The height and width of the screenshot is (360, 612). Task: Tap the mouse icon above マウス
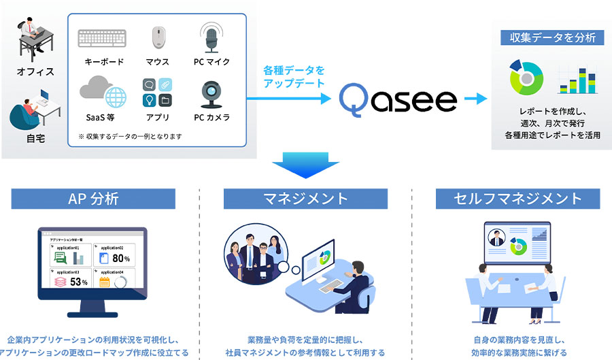pyautogui.click(x=158, y=38)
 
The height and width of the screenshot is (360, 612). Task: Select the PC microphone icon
pyautogui.click(x=211, y=37)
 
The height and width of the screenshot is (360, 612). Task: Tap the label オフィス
pyautogui.click(x=35, y=71)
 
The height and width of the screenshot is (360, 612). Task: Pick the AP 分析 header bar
pyautogui.click(x=93, y=199)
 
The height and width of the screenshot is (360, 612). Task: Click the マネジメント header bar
pyautogui.click(x=305, y=199)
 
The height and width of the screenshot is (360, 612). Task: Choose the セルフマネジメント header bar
pyautogui.click(x=517, y=199)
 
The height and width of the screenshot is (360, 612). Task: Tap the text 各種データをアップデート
pyautogui.click(x=294, y=76)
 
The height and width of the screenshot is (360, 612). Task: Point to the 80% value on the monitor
pyautogui.click(x=120, y=258)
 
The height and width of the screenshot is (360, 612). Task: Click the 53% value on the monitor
pyautogui.click(x=78, y=281)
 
